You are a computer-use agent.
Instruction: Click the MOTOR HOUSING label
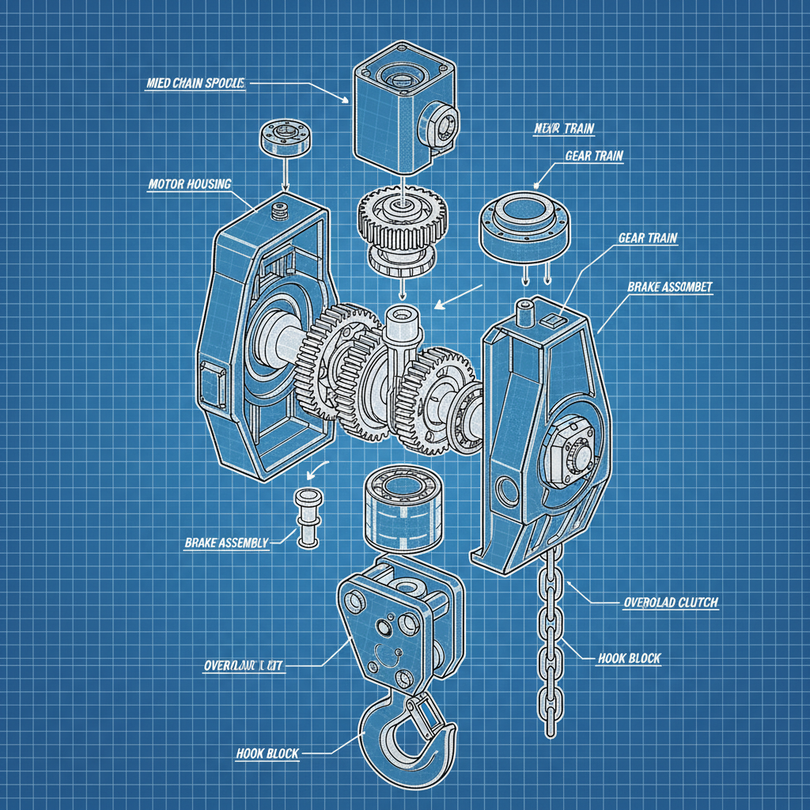click(190, 184)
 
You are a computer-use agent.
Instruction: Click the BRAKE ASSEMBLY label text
click(226, 543)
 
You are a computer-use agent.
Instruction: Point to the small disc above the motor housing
click(282, 138)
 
